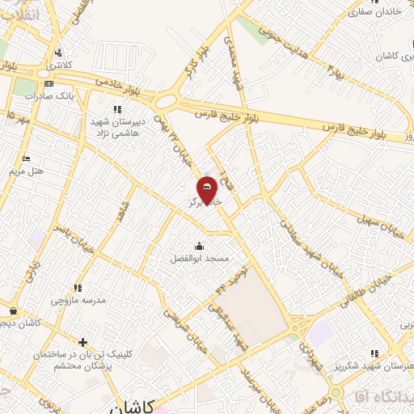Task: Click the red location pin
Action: (x=207, y=190)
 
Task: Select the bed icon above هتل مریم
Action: (x=26, y=158)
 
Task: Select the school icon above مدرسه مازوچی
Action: (x=78, y=287)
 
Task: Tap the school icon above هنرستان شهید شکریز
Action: (x=374, y=353)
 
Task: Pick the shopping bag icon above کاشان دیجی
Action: (x=14, y=310)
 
